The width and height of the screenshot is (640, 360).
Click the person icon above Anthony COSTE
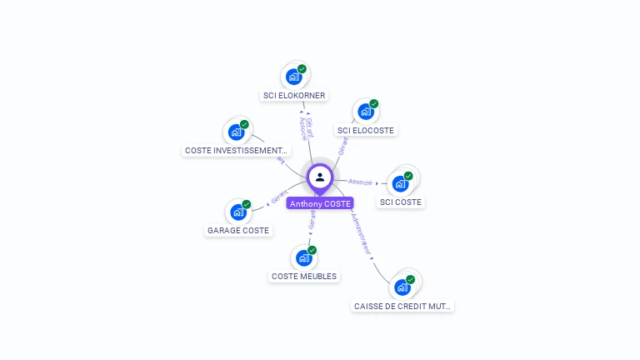(x=320, y=177)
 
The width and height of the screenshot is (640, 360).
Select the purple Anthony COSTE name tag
(x=320, y=203)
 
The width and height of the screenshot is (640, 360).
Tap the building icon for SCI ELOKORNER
(x=293, y=77)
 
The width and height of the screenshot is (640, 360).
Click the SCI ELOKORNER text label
(x=294, y=96)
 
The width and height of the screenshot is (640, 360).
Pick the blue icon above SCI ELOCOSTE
(x=365, y=112)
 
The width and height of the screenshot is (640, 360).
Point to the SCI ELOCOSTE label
(x=366, y=130)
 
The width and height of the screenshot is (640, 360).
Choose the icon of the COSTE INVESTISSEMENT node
(x=237, y=132)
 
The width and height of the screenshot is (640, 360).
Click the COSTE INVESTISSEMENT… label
(x=237, y=151)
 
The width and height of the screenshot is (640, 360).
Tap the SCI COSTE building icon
(x=400, y=183)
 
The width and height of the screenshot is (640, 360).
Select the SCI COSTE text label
(x=401, y=202)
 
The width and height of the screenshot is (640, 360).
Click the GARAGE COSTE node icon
(x=237, y=212)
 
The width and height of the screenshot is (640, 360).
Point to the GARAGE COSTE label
(x=238, y=230)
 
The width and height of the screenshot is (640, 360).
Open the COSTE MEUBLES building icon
(x=303, y=257)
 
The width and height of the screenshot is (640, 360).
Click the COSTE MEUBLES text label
(x=304, y=276)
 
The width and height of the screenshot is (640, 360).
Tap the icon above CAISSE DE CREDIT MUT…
(x=402, y=287)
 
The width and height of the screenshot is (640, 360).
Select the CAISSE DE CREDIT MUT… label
(x=403, y=306)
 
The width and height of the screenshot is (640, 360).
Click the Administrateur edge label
(x=362, y=232)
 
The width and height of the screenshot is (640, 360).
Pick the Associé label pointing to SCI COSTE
(x=360, y=182)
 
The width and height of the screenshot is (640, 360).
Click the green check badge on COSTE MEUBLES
(x=312, y=250)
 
